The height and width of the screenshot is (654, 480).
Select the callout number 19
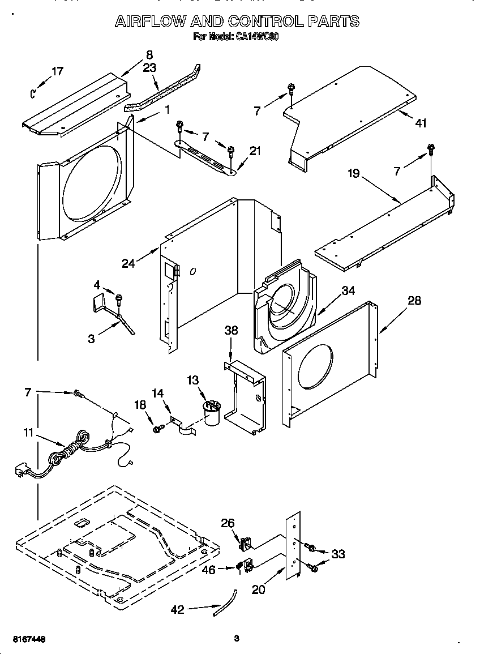pos(353,173)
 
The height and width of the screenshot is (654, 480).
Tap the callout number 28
pos(414,301)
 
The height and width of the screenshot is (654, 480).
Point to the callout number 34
pos(348,291)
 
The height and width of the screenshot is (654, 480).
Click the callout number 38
pos(231,330)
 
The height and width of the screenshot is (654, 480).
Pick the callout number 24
pos(129,263)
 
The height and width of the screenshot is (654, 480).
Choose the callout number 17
pos(57,71)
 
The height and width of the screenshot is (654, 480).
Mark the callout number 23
pos(149,67)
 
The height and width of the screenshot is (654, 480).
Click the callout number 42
pos(178,609)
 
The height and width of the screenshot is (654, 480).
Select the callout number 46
pos(209,570)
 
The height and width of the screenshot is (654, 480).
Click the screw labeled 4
pos(119,298)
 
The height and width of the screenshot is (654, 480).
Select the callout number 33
pos(338,554)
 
